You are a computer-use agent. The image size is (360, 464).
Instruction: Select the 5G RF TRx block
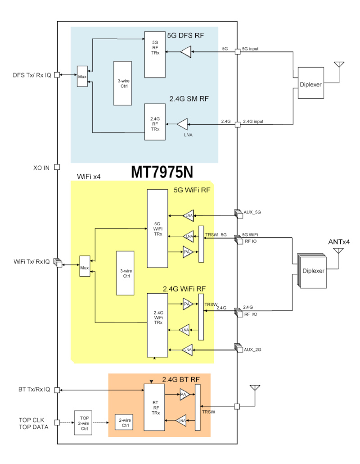(154, 54)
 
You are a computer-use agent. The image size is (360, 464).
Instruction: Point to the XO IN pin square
(57, 168)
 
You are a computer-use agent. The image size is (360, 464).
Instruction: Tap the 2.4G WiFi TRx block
(157, 324)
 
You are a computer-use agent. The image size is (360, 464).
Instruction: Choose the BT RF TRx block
(154, 407)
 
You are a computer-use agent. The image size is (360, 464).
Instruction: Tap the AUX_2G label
(252, 349)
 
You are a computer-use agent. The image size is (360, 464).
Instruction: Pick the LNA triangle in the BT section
(181, 421)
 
